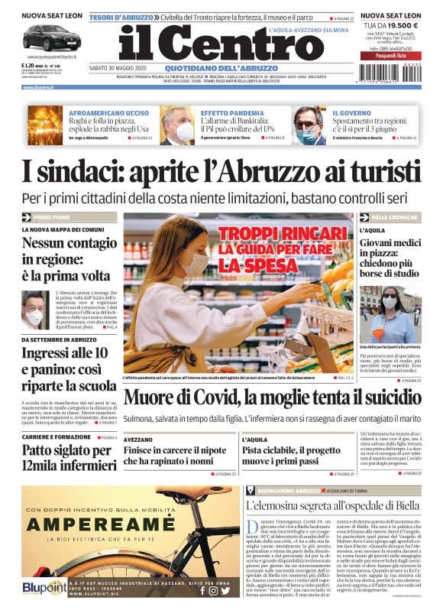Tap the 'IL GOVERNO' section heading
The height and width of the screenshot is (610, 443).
[x=352, y=113]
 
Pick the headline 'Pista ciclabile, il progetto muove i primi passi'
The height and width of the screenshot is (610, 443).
[x=291, y=455]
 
